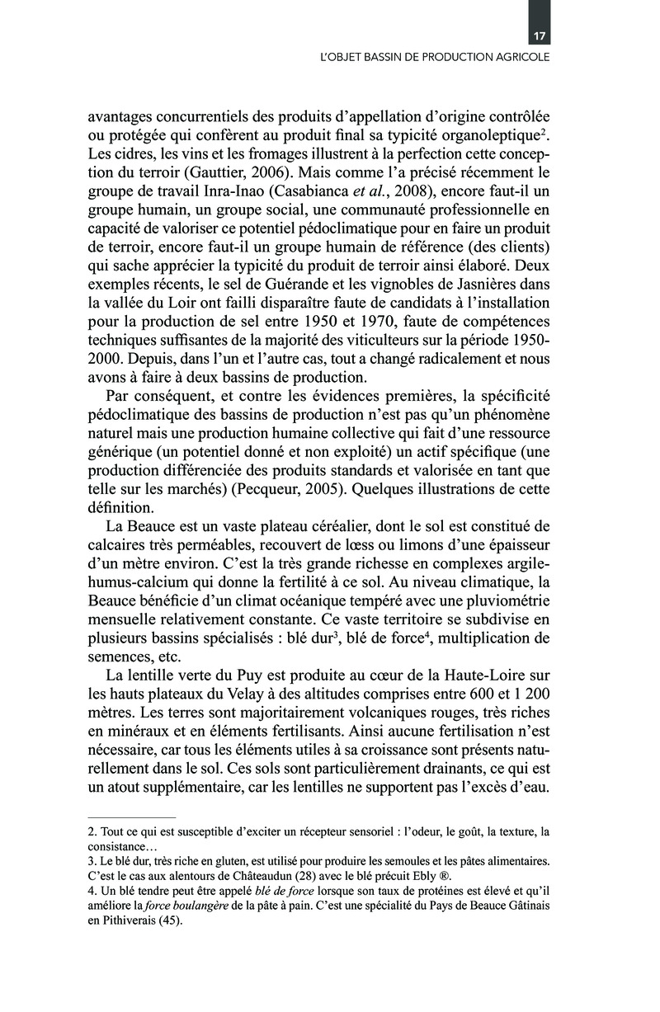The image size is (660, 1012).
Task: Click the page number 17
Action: pyautogui.click(x=540, y=36)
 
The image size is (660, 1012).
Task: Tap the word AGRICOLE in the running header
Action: pyautogui.click(x=521, y=59)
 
